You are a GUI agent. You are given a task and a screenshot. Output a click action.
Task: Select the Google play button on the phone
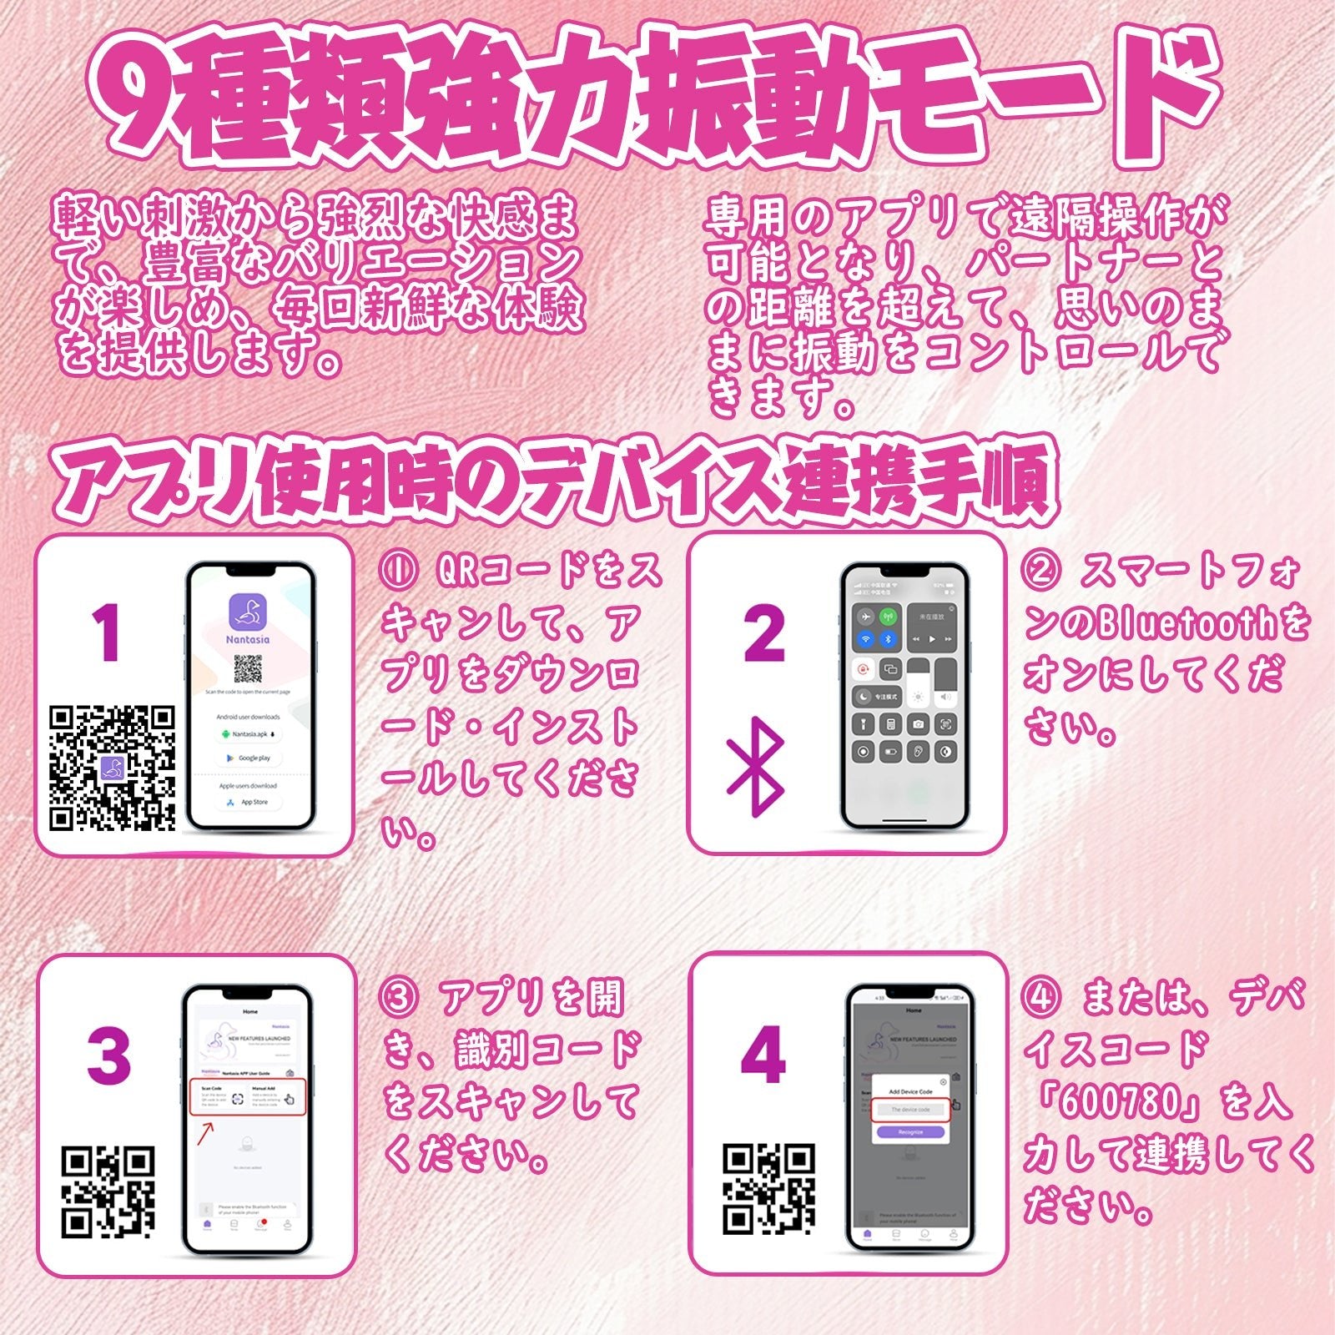coord(249,758)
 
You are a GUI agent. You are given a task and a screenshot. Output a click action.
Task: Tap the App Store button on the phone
coord(248,802)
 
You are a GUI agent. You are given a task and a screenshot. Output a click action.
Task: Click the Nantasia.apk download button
coord(249,734)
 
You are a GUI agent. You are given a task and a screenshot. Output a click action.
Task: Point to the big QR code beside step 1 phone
coord(113,768)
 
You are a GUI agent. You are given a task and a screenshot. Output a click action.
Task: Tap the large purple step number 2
coord(763,634)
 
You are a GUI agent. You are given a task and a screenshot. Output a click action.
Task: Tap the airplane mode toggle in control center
coord(865,617)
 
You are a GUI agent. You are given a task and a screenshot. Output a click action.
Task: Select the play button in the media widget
coord(932,639)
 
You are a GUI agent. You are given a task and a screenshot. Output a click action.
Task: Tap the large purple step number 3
coord(108,1055)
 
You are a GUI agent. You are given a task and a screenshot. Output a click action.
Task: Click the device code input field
coord(909,1110)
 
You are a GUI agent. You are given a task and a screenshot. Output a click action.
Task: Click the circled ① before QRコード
coord(397,571)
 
